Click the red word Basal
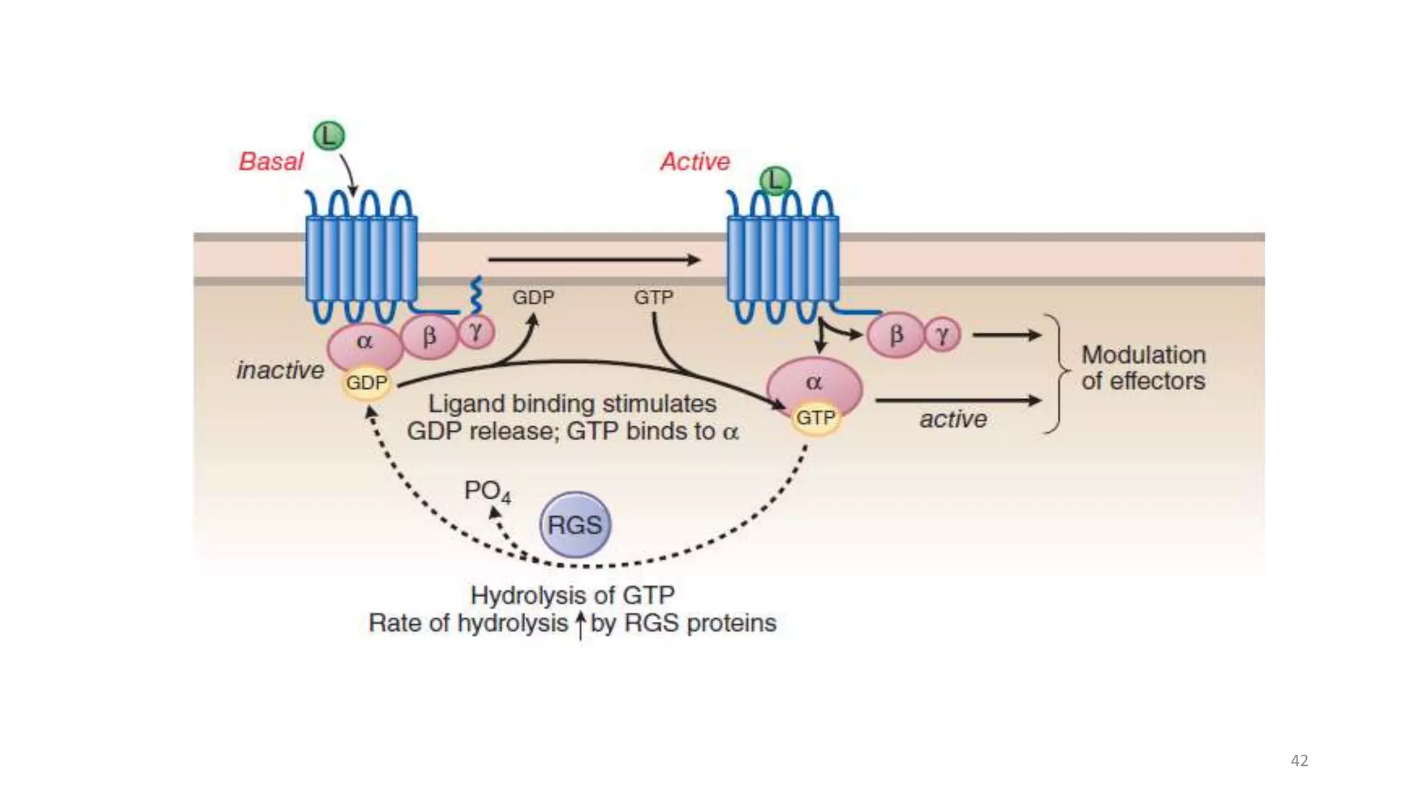point(271,161)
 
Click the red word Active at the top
point(695,161)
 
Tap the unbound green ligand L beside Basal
point(329,136)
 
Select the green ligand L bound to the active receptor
point(775,181)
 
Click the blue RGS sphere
point(574,524)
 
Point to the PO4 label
point(486,491)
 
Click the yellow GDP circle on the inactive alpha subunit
point(366,383)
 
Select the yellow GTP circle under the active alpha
point(816,418)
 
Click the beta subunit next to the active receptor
point(896,335)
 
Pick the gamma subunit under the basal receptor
point(476,331)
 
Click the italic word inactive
point(280,370)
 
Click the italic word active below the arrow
point(953,419)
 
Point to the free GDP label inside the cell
point(533,297)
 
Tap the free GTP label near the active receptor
point(653,297)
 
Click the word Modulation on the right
point(1143,355)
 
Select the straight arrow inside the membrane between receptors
point(594,260)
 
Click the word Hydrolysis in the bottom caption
point(530,595)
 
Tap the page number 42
point(1299,760)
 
